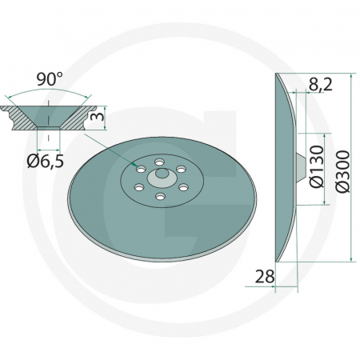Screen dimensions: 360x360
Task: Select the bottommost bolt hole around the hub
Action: (x=160, y=196)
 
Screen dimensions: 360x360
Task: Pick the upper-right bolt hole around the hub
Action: (x=182, y=169)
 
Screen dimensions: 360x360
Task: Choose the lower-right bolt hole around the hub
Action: (x=181, y=186)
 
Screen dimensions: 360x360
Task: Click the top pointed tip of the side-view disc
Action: (x=276, y=76)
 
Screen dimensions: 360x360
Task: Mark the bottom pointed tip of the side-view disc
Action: (x=276, y=259)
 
